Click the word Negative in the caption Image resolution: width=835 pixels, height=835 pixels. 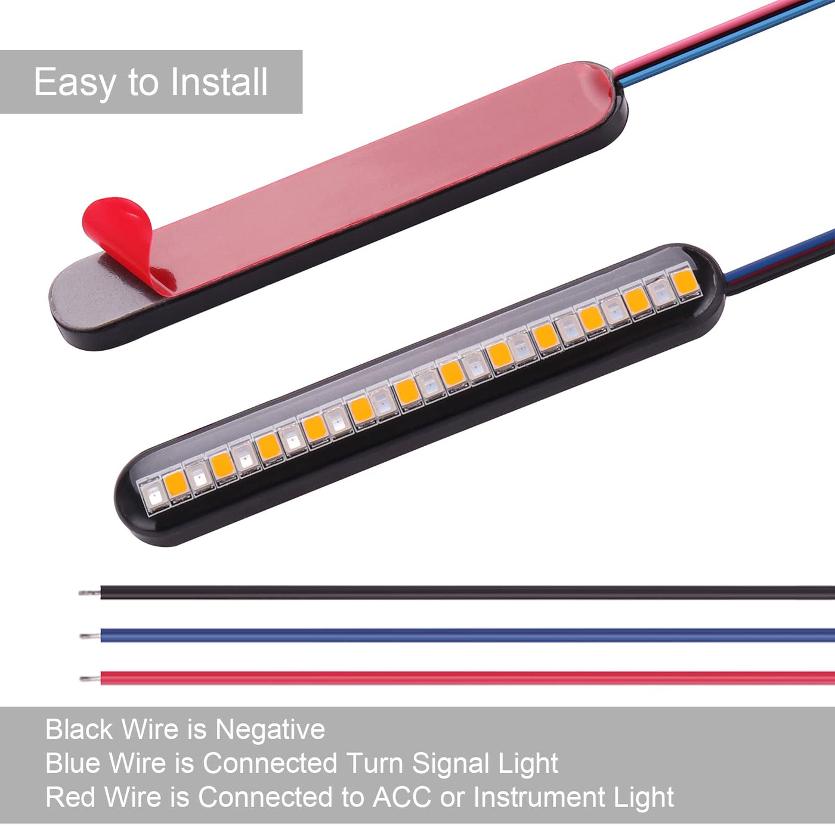(x=270, y=729)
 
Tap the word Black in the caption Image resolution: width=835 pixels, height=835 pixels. (x=79, y=729)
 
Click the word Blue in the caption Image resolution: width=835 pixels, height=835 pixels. (x=74, y=763)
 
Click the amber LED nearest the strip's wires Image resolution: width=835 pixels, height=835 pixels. (x=684, y=282)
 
